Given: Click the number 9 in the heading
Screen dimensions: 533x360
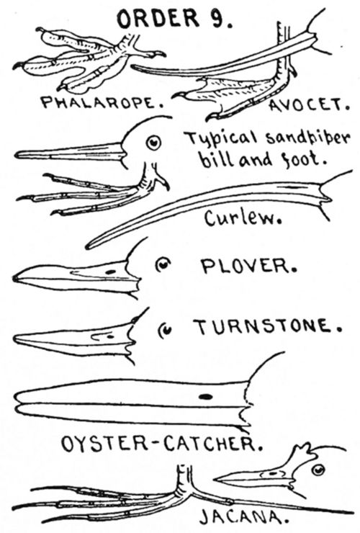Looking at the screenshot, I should [x=220, y=19].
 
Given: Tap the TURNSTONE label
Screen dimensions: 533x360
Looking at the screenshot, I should [x=264, y=327].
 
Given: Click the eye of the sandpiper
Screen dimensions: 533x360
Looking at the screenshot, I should [x=153, y=143].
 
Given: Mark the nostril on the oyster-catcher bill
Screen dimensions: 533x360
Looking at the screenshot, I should [x=206, y=396].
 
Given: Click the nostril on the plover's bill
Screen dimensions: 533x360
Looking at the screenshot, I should [x=110, y=272].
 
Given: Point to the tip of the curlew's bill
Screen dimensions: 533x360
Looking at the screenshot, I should [x=89, y=246].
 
